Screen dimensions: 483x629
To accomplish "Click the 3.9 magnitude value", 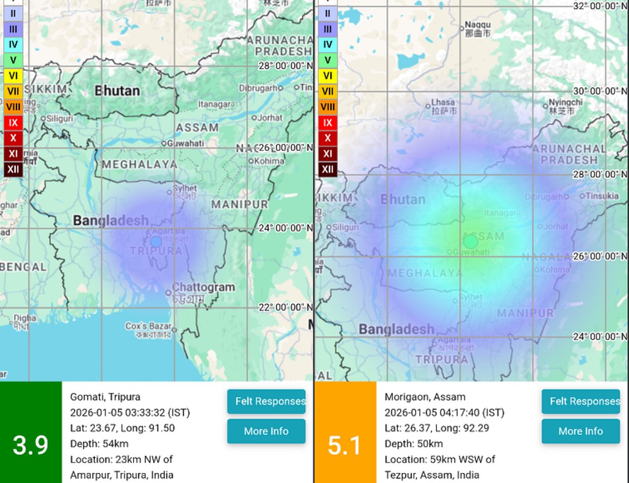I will tap(30, 445).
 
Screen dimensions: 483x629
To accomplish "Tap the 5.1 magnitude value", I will tap(345, 445).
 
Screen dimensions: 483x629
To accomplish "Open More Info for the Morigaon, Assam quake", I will tap(580, 431).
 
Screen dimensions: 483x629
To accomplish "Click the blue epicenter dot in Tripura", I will tap(156, 241).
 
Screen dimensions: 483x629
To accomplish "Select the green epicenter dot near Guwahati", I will tap(471, 241).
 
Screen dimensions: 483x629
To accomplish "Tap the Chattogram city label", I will tap(203, 288).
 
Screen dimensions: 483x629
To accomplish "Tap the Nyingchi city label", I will tap(566, 102).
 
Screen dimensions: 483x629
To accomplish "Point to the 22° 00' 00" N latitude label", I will tap(286, 307).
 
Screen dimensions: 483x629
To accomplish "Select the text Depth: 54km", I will tap(99, 444).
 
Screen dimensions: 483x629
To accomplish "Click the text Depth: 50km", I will tap(414, 444).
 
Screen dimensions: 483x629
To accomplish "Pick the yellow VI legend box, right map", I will tap(328, 76).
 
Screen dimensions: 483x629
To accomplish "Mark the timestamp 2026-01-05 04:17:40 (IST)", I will tap(444, 413).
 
